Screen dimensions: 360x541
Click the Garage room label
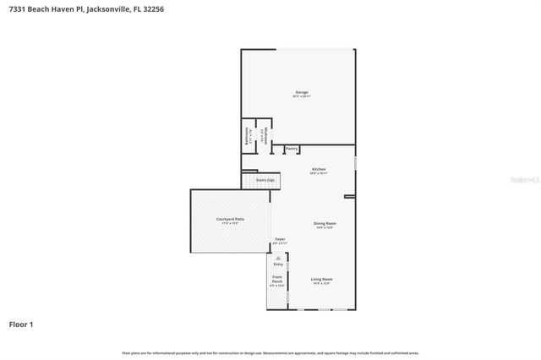pos(301,92)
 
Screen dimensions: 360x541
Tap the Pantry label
pos(292,149)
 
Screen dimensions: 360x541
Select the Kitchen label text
pos(319,169)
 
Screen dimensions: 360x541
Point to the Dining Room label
pos(325,223)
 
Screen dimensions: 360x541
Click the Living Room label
pos(321,279)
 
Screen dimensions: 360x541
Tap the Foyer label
pos(280,239)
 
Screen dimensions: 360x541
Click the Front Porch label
pos(277,278)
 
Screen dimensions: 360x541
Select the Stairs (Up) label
pos(265,180)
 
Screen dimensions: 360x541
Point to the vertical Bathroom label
pos(247,137)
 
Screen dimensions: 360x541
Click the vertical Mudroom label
pos(266,137)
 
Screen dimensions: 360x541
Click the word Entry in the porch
pos(278,265)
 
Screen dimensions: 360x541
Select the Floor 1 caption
pos(21,324)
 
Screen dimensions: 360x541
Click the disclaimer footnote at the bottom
pos(270,352)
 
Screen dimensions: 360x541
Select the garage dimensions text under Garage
pos(301,96)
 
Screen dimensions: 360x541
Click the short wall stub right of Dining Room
pos(349,197)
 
